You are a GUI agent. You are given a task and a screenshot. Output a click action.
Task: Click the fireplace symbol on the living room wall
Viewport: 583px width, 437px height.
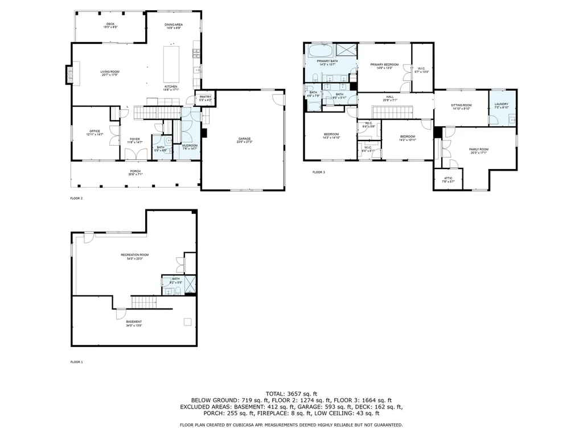[x=70, y=75]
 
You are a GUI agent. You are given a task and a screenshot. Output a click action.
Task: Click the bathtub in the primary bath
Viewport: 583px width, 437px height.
[x=320, y=51]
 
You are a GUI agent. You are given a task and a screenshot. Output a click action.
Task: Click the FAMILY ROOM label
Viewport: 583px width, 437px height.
[x=479, y=150]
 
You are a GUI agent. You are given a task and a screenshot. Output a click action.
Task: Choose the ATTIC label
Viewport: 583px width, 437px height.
[x=448, y=180]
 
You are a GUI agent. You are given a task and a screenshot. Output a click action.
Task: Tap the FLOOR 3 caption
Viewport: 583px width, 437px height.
[x=318, y=172]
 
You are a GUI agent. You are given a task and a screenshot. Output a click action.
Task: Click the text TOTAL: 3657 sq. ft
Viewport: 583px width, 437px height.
[x=291, y=393]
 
